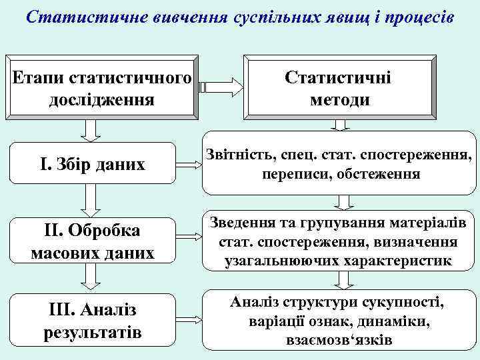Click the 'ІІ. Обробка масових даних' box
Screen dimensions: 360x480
pyautogui.click(x=92, y=241)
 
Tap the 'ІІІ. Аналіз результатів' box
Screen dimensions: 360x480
pyautogui.click(x=92, y=321)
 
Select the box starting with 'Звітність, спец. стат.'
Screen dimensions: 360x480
pyautogui.click(x=339, y=165)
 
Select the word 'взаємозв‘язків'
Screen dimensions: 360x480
pyautogui.click(x=337, y=340)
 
